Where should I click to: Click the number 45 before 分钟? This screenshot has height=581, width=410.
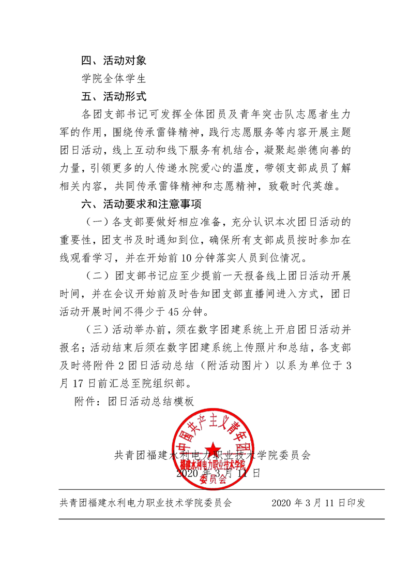pos(153,312)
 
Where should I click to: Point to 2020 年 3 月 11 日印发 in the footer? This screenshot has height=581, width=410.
pos(318,503)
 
